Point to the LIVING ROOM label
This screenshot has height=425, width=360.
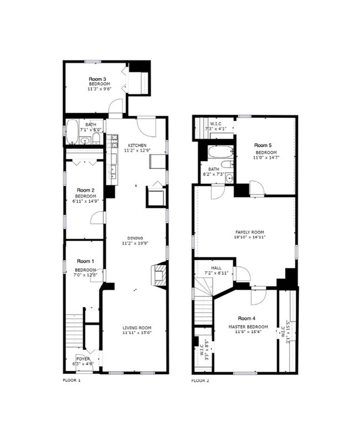coord(137,327)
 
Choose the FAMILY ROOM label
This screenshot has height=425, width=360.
coord(249,232)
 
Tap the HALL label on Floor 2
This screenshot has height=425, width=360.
coord(217,268)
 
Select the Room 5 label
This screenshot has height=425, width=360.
coord(265,145)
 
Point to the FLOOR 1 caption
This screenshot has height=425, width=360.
coord(71,381)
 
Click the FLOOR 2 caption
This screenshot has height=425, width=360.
coord(201,381)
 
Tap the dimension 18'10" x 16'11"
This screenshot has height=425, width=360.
coord(250,237)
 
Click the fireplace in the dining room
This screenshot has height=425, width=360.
coord(158,274)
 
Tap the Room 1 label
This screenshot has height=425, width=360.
coord(85,261)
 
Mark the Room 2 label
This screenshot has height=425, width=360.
coord(85,190)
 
